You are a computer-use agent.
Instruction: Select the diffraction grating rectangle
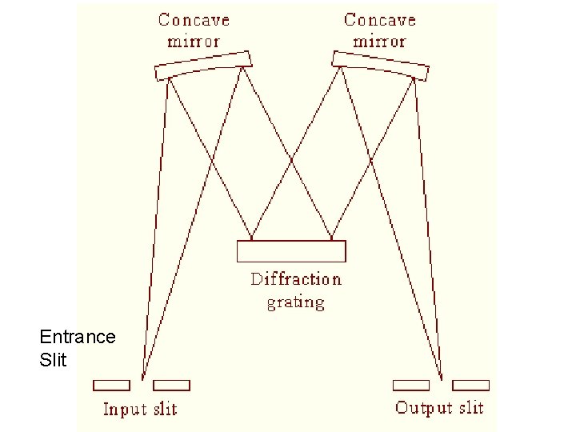point(291,251)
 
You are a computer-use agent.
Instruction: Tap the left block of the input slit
point(111,386)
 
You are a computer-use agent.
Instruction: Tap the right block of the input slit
point(171,386)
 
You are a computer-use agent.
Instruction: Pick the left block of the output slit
point(410,386)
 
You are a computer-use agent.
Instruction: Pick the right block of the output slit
point(470,386)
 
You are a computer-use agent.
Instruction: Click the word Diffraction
point(295,279)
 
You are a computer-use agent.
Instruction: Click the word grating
point(295,302)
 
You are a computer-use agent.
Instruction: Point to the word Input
point(124,410)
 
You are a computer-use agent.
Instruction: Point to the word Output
point(424,408)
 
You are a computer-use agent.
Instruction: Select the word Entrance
point(77,337)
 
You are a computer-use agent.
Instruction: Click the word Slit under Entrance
point(53,360)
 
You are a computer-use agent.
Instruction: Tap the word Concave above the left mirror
point(194,19)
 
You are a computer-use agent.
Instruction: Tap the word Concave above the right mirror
point(379,19)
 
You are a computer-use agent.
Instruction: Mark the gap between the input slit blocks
point(142,386)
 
